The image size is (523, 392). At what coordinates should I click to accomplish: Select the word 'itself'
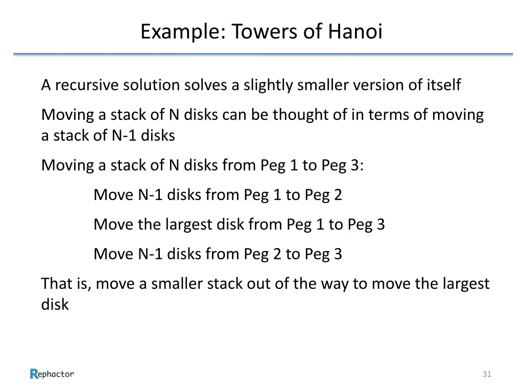(x=443, y=85)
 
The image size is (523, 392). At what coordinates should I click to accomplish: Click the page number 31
(x=486, y=375)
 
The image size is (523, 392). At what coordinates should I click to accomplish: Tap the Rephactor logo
(x=52, y=374)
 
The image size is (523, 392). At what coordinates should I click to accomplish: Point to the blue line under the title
(x=263, y=54)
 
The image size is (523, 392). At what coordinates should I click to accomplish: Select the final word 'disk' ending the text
(x=55, y=305)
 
